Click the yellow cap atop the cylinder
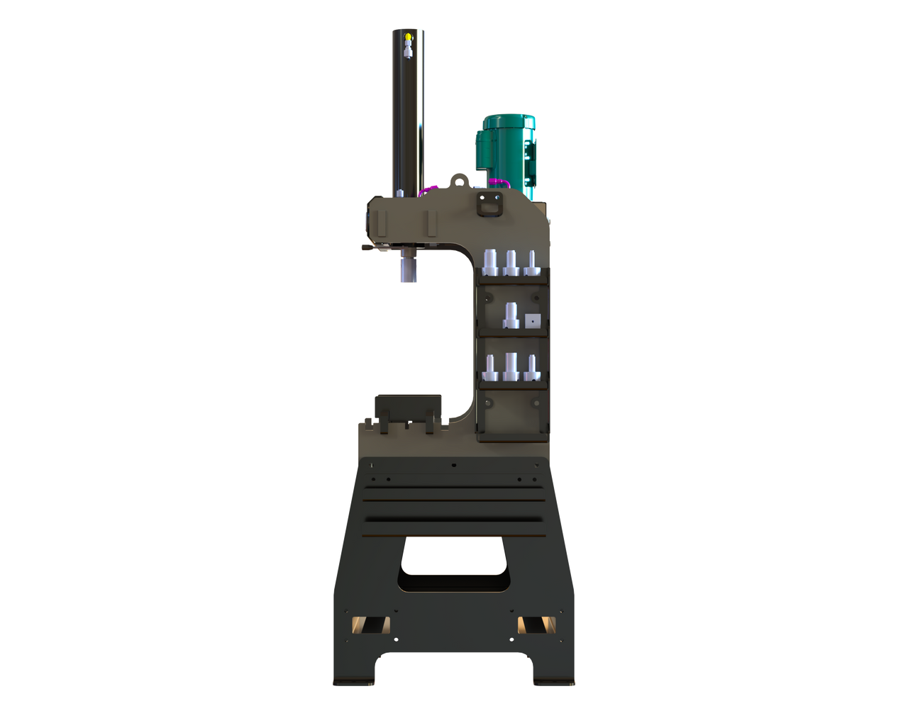[407, 36]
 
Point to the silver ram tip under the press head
[407, 272]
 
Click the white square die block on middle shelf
[532, 321]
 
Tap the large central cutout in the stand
[454, 563]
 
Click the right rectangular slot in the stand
[536, 624]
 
